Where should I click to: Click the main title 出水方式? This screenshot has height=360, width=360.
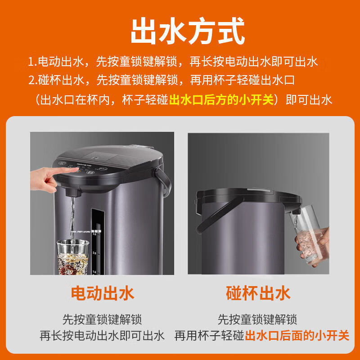188,31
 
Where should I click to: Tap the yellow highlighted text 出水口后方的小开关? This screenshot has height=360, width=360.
221,100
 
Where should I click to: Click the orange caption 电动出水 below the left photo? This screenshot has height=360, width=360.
103,293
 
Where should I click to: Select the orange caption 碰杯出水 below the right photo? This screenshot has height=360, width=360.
258,293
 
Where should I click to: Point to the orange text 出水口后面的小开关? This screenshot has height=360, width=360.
297,336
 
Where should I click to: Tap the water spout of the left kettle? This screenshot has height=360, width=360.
73,193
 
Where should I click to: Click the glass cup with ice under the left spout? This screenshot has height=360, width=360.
73,257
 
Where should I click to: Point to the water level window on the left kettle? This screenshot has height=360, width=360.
97,242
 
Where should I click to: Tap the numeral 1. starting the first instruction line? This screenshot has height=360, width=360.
32,62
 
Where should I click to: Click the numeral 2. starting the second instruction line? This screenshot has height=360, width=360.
33,81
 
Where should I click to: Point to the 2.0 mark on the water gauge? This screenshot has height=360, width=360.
94,253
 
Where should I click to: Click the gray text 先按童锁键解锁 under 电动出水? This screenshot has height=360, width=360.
102,319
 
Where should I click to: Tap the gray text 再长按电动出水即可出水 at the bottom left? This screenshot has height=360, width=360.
102,336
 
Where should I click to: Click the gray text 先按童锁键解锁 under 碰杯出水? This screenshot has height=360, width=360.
257,319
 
